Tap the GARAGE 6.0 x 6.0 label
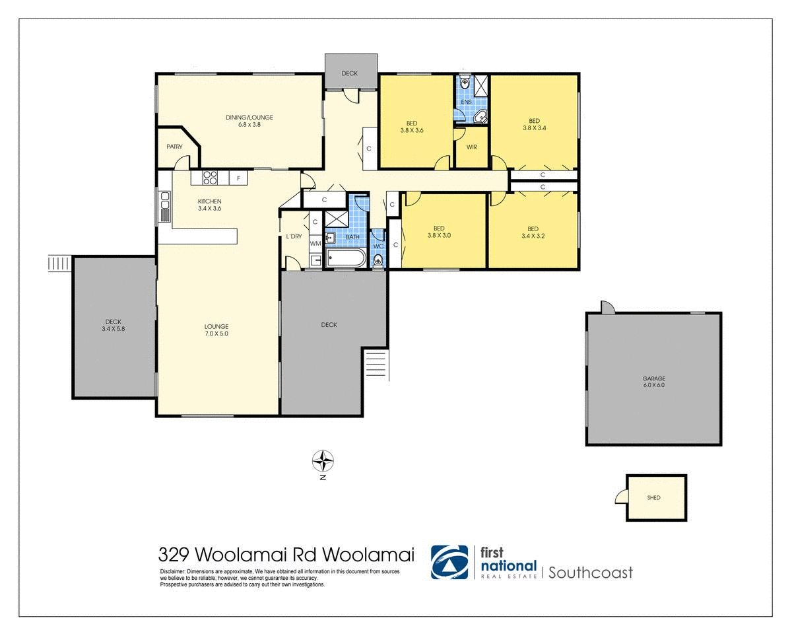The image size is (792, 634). click(653, 382)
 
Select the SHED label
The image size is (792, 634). click(654, 498)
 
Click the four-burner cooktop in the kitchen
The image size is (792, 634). click(210, 177)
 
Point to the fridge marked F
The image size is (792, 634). click(238, 178)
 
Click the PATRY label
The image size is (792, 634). click(174, 147)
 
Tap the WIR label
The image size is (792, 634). click(471, 147)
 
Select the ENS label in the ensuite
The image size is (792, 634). click(466, 102)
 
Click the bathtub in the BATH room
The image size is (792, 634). click(345, 258)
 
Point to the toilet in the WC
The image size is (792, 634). click(378, 260)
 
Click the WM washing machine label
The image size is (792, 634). click(315, 244)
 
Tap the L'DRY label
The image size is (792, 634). click(293, 236)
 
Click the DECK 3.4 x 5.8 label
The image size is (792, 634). click(113, 326)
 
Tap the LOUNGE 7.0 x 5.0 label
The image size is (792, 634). click(216, 330)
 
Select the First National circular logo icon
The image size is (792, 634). click(450, 562)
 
